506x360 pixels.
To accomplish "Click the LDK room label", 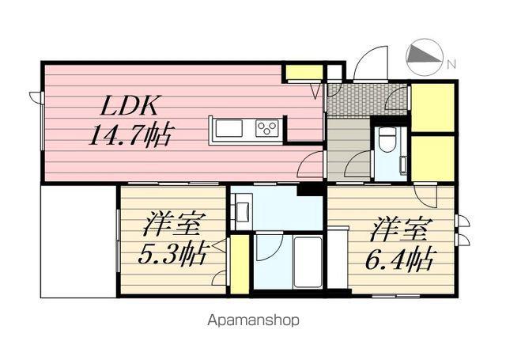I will point(131,104).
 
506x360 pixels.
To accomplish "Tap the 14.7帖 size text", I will point(131,134).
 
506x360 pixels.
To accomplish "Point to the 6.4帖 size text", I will point(402,258).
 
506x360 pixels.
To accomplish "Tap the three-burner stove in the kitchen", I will point(266,128).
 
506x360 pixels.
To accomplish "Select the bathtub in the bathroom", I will point(307,262).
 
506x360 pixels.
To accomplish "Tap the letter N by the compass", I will point(451,64).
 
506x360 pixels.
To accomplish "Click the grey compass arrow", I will point(424,56).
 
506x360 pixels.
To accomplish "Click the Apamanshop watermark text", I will point(253,321).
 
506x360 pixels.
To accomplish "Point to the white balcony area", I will point(77,241).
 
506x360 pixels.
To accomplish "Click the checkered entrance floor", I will point(365,100).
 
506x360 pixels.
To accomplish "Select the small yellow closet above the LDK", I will point(304,74).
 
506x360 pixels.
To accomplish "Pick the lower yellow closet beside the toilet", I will point(432,158).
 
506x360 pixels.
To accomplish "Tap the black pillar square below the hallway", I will point(310,190).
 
